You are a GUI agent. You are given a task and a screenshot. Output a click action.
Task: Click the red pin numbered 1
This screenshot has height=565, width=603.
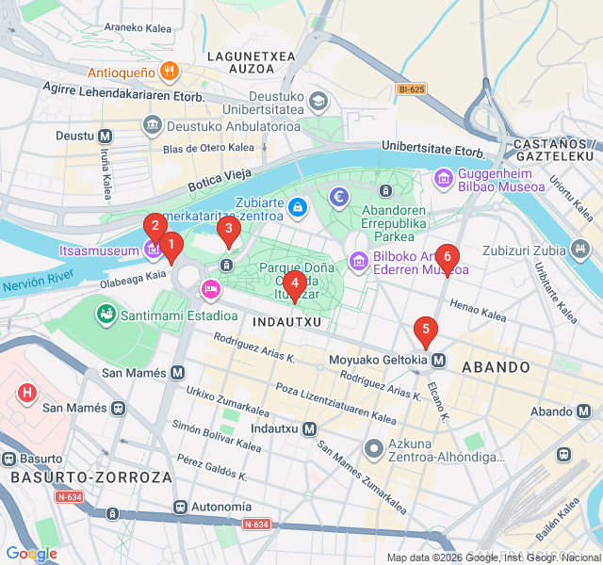coord(171,247)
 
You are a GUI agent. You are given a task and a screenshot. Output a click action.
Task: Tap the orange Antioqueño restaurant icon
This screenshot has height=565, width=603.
coord(170,72)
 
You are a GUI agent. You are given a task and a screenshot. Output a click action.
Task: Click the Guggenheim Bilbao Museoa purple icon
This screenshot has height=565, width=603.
coord(444,177)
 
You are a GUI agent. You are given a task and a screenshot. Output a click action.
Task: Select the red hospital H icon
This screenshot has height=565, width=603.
coord(28,391)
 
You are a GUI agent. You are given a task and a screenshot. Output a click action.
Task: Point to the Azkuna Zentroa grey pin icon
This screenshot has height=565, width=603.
coord(373,448)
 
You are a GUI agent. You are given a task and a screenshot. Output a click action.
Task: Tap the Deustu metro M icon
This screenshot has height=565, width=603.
coord(105,136)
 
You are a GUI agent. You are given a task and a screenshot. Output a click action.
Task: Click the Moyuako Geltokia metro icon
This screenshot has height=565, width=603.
coord(439,360)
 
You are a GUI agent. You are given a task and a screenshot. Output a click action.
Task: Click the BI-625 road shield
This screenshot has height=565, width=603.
coord(411,89)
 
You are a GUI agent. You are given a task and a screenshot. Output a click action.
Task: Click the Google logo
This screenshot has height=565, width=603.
coord(31,554)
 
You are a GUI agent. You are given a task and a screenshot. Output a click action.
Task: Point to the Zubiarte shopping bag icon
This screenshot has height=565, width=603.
coord(297,206)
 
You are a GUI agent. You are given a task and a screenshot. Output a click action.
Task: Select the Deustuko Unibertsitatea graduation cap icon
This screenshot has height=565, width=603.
coord(319,100)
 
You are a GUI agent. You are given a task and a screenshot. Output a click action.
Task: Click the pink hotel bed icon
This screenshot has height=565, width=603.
coord(210,286)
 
